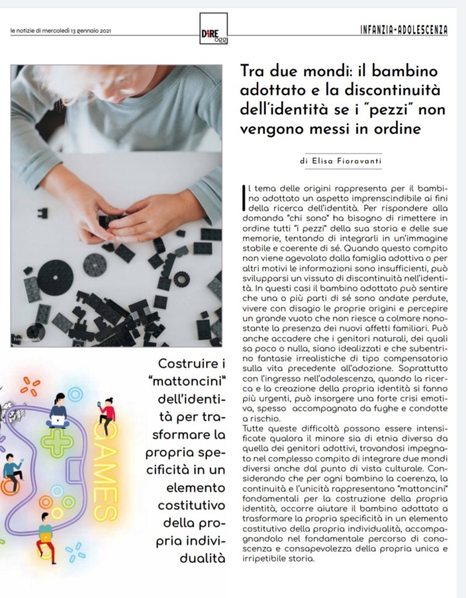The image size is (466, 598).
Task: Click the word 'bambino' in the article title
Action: point(397,73)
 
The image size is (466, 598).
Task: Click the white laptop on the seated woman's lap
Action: point(58,419)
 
